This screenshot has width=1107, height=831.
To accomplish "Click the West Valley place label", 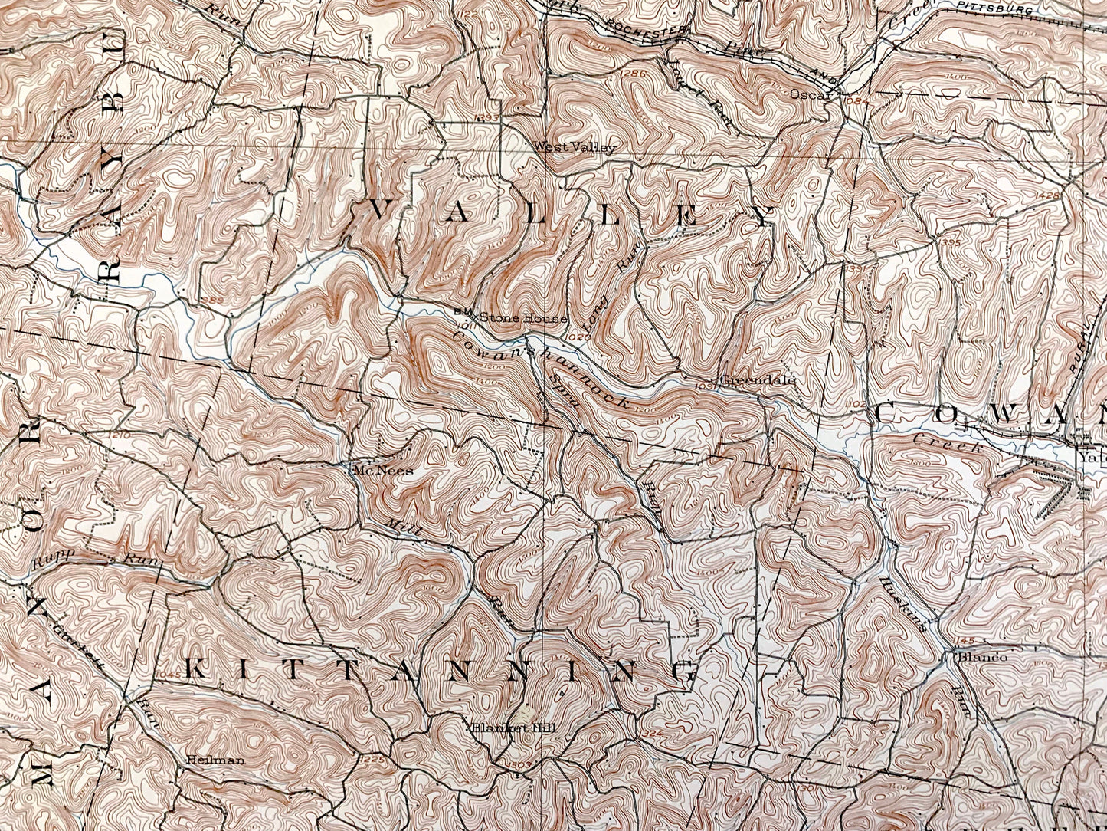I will coord(574,147).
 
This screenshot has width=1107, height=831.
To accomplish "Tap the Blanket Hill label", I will coord(501,728).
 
